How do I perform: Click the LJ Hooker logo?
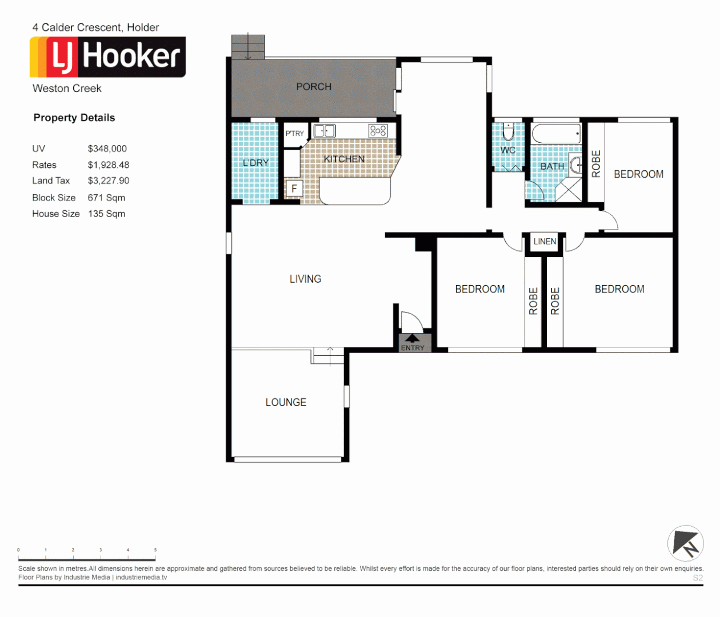(107, 57)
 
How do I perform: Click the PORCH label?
(313, 87)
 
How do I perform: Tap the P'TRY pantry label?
(294, 133)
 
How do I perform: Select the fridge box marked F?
(294, 188)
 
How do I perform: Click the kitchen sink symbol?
(324, 131)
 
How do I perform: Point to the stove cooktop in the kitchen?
(378, 131)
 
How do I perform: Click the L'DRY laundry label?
(255, 163)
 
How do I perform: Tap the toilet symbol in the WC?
(508, 132)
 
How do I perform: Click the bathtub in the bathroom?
(556, 134)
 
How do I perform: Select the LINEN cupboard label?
(545, 242)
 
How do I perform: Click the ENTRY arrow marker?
(412, 339)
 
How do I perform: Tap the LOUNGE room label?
(286, 402)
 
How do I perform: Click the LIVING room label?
(305, 279)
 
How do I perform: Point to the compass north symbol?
(686, 543)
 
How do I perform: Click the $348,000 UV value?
(107, 149)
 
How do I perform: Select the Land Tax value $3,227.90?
(109, 181)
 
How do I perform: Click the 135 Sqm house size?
(106, 214)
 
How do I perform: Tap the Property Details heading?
(74, 118)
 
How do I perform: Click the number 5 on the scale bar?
(155, 550)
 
